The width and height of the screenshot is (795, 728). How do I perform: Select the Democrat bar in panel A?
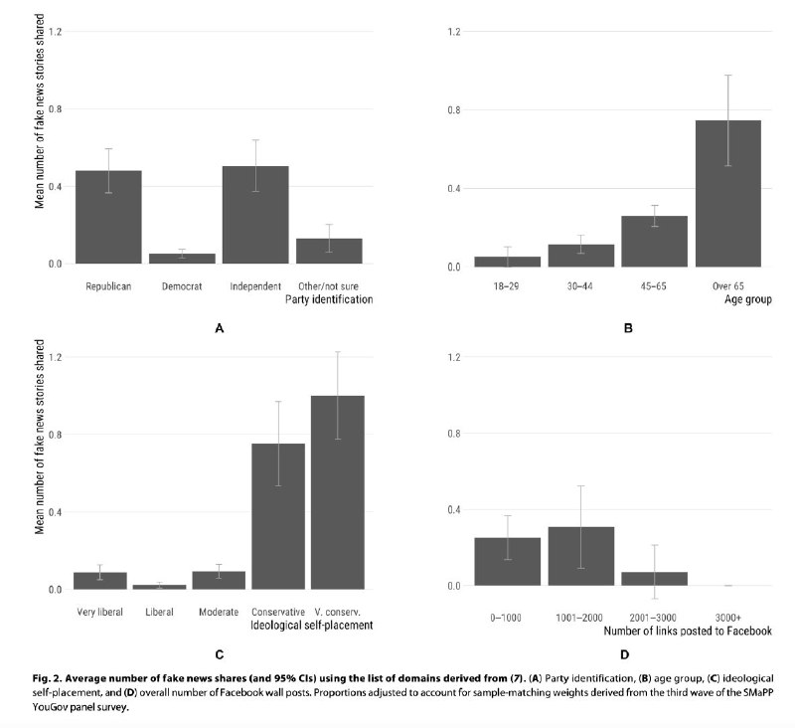182,258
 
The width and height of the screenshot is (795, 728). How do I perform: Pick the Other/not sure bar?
329,251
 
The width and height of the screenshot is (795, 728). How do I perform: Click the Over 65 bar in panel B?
728,193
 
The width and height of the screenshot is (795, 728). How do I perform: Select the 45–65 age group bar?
654,242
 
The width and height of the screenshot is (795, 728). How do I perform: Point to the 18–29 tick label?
507,285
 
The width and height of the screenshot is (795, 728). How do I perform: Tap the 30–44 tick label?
580,285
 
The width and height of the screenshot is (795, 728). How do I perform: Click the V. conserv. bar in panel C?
338,492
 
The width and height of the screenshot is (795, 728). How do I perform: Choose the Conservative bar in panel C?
278,516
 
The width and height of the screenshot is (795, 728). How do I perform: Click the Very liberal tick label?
99,611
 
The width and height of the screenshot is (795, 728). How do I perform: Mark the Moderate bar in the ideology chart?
219,580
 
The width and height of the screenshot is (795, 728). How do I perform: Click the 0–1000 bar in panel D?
507,561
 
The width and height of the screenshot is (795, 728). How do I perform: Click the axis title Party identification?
329,299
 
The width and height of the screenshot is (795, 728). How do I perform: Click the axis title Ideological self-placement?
313,625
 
